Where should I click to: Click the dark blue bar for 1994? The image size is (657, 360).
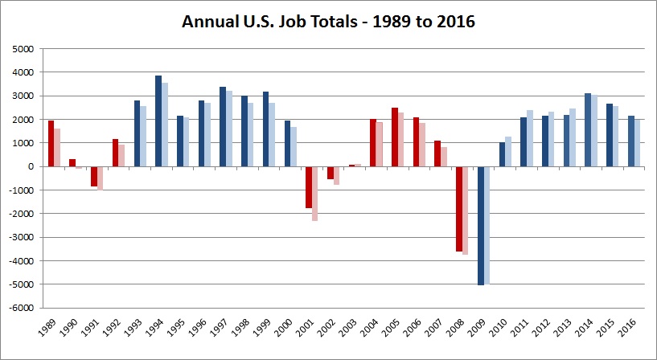click(x=158, y=121)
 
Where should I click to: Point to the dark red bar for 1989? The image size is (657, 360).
click(x=51, y=143)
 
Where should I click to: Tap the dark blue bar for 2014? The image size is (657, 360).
click(x=588, y=129)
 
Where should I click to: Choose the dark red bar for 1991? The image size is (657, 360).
click(x=94, y=176)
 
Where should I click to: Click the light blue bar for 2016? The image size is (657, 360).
click(x=638, y=143)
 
